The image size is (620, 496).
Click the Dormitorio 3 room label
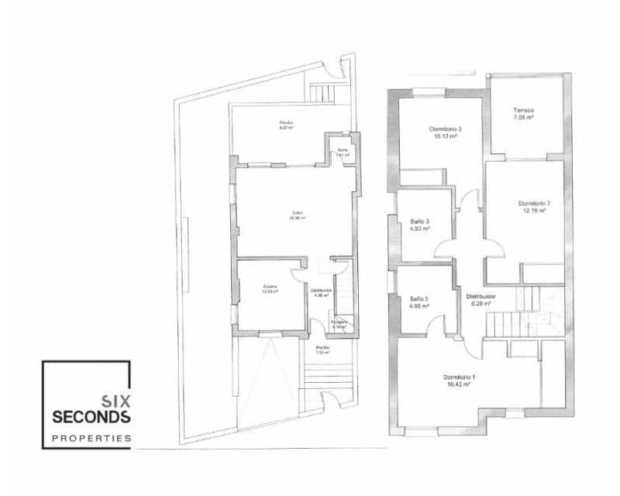[445, 129]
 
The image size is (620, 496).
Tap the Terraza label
[524, 110]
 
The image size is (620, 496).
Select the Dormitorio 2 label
[533, 204]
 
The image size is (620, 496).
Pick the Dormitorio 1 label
[460, 377]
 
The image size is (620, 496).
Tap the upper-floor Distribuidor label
[480, 296]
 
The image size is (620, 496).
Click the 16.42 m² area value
[460, 384]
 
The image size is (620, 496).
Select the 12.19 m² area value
[533, 212]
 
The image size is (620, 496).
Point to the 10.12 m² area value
[445, 136]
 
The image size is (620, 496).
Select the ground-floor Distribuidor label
[322, 290]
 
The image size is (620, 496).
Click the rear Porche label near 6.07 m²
[287, 122]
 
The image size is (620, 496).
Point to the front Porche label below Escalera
[322, 347]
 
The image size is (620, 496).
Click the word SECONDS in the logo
[91, 417]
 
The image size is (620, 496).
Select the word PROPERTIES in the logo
[91, 439]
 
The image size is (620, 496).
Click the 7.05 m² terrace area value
[524, 119]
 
